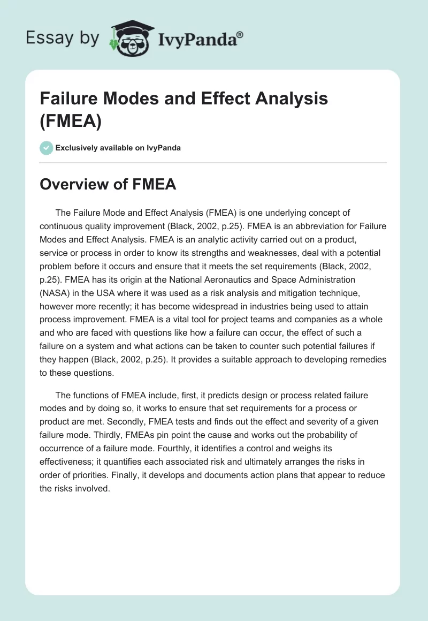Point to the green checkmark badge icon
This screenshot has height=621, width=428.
46,148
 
